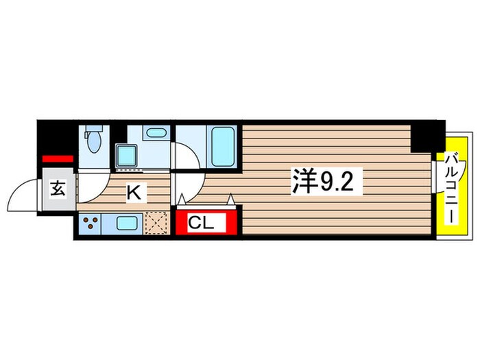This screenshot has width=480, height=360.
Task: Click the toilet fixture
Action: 95,140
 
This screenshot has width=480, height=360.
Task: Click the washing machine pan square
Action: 127,156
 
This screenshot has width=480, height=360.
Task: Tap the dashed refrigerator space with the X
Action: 157,223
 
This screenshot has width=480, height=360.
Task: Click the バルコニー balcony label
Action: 452,185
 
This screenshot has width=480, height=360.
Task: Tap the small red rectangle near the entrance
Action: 58,159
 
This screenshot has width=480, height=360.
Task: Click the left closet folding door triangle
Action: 182,200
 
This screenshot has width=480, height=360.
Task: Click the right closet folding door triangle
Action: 232,200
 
